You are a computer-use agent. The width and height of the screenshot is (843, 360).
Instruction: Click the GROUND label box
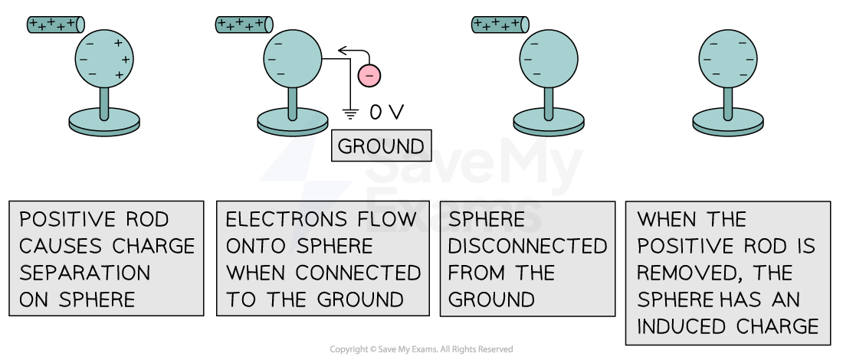(x=381, y=146)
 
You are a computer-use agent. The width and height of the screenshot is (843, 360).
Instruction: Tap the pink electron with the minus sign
(x=369, y=75)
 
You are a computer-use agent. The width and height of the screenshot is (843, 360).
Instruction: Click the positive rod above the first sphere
(x=55, y=24)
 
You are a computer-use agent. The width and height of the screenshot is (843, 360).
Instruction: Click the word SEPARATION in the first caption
(x=85, y=273)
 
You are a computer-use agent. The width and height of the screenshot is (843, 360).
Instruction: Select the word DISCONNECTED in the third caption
(x=527, y=247)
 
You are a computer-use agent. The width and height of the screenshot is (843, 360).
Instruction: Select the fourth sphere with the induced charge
(x=728, y=58)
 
